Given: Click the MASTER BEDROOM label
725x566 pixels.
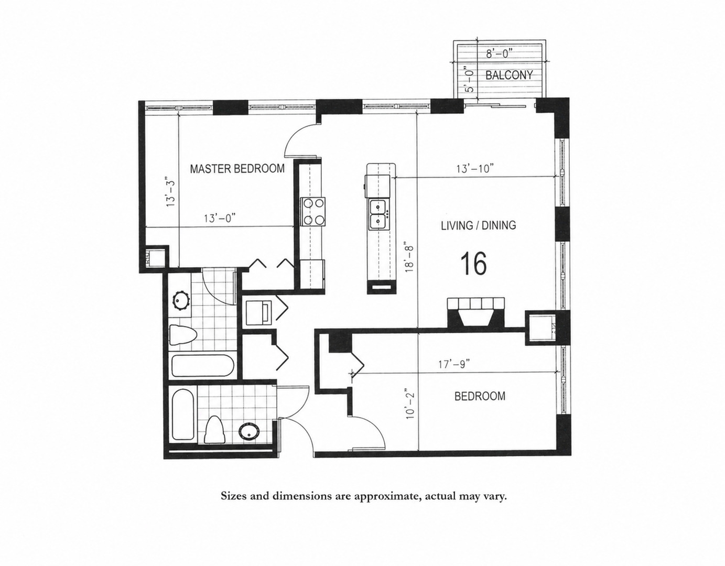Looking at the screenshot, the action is [237, 169].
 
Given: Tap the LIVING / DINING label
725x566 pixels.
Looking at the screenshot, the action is [479, 225].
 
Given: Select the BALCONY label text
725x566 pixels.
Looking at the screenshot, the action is [509, 75].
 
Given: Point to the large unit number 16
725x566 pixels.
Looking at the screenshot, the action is [474, 264].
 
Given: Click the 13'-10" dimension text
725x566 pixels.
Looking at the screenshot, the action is [475, 169].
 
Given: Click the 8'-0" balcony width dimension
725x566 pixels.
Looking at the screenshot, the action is [499, 53].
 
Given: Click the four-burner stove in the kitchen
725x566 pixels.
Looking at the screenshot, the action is [313, 211].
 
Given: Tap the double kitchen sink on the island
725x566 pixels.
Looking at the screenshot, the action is [378, 214].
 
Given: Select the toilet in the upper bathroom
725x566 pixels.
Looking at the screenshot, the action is [183, 334].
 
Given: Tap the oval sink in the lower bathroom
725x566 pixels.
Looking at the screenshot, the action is [249, 432].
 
